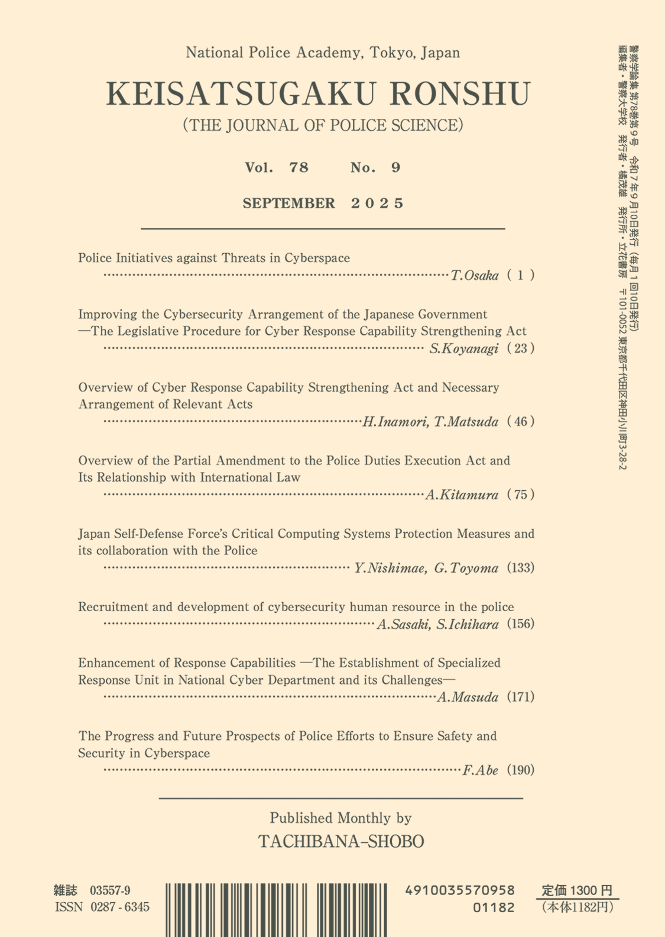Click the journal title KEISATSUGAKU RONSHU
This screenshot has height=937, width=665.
tap(318, 93)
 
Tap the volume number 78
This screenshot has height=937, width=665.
tap(299, 167)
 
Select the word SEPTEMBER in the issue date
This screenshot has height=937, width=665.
tap(288, 203)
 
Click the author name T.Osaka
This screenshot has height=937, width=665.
tap(475, 275)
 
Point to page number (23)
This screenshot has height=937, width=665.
tap(521, 348)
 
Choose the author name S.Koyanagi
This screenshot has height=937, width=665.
tap(464, 348)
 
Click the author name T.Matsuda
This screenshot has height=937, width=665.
tap(466, 422)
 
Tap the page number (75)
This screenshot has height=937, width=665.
tap(521, 495)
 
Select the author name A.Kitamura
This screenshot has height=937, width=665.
tap(462, 495)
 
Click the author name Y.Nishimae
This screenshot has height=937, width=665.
tap(390, 568)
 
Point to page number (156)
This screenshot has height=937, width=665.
tap(521, 624)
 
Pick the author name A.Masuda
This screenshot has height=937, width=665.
tap(468, 697)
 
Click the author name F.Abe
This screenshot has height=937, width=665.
tap(480, 770)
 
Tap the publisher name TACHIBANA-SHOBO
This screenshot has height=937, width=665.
tap(341, 841)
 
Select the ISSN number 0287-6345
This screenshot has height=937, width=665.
tap(120, 907)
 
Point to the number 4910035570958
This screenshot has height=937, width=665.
tap(460, 890)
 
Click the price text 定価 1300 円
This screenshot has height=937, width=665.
tap(577, 890)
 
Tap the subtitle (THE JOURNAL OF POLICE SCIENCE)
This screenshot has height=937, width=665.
tap(323, 125)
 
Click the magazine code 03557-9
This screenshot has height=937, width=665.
tap(110, 890)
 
